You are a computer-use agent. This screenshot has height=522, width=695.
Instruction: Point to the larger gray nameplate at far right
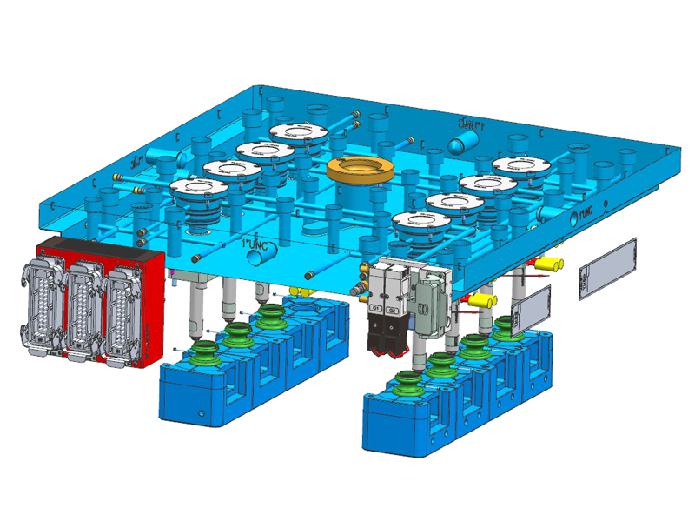click(608, 267)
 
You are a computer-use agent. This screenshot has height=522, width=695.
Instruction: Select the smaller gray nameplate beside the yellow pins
click(532, 306)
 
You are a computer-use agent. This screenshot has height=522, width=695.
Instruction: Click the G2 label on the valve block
click(392, 309)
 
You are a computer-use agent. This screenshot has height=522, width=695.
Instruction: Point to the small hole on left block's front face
click(201, 414)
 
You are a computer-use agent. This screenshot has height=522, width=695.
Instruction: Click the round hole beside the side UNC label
click(570, 221)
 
